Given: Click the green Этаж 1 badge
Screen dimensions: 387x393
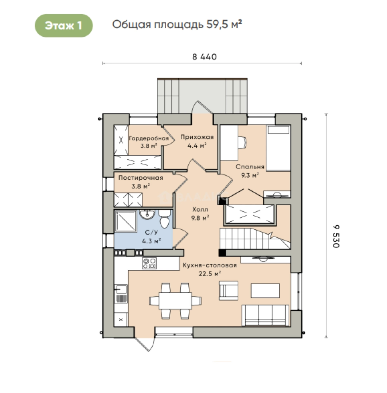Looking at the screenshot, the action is pyautogui.click(x=64, y=25).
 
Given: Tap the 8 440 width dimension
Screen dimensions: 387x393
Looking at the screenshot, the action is pyautogui.click(x=204, y=57).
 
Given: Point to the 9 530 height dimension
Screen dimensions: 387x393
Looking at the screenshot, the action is pyautogui.click(x=336, y=237).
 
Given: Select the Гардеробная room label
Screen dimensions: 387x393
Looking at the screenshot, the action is pyautogui.click(x=149, y=138).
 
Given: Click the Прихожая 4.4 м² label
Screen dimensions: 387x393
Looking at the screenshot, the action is pyautogui.click(x=197, y=141).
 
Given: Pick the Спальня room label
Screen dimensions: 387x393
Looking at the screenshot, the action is pyautogui.click(x=250, y=167).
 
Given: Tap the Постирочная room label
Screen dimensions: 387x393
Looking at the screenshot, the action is pyautogui.click(x=141, y=178).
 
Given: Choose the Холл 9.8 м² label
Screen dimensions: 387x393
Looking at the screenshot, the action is pyautogui.click(x=200, y=214).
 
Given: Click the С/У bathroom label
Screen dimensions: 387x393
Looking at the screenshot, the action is pyautogui.click(x=152, y=232).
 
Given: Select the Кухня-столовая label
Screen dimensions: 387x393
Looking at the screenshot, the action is pyautogui.click(x=210, y=265).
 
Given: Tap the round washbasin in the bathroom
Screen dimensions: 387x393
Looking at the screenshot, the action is pyautogui.click(x=147, y=215).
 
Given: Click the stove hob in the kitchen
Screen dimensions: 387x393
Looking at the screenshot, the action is pyautogui.click(x=149, y=263).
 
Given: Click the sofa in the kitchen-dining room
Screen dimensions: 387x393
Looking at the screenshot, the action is pyautogui.click(x=266, y=315).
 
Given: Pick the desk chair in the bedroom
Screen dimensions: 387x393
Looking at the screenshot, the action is pyautogui.click(x=242, y=143).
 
